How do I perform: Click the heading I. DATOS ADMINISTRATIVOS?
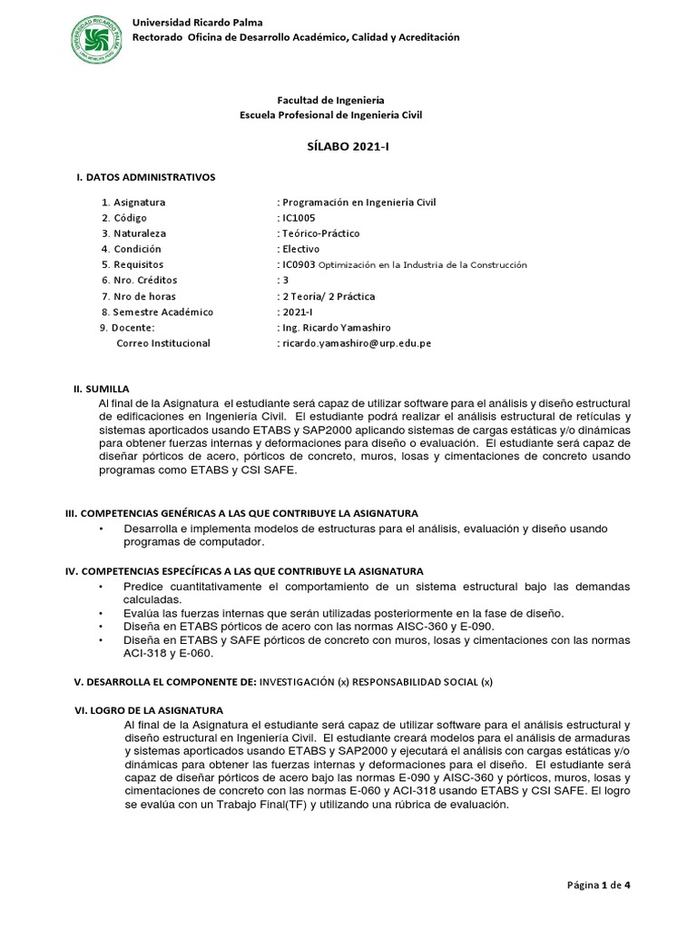click(145, 176)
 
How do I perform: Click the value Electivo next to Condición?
click(299, 249)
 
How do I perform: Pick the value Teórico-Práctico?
click(319, 233)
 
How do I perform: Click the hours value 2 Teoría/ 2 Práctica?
click(327, 296)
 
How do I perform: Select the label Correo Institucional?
click(163, 343)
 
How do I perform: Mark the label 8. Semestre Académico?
click(157, 312)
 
